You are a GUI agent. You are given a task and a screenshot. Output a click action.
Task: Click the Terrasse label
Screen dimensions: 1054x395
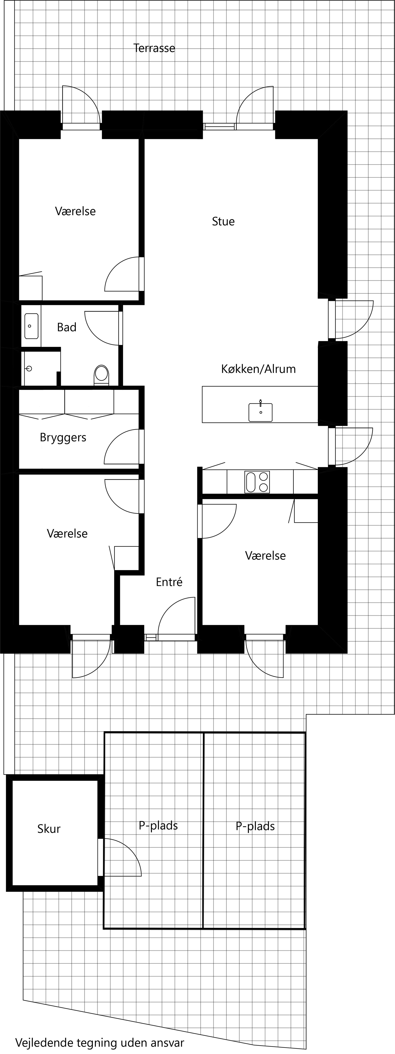point(154,48)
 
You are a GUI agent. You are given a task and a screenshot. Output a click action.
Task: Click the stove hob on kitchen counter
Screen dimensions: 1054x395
point(257,482)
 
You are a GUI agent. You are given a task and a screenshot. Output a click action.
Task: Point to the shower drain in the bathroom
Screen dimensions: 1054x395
point(29,369)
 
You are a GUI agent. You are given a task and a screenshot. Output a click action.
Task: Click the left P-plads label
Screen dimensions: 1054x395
point(158,826)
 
